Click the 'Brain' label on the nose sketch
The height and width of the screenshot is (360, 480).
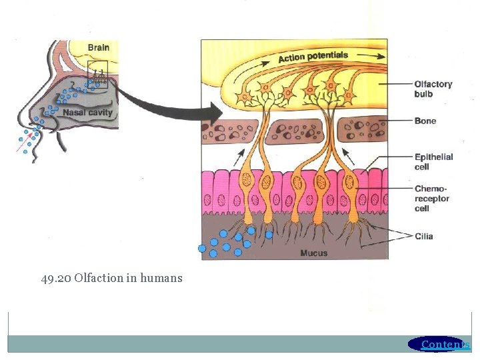[98, 47]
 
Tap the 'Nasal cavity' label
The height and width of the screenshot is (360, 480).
[88, 113]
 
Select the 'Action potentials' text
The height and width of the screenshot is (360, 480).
[313, 57]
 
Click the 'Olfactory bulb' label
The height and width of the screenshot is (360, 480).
[433, 89]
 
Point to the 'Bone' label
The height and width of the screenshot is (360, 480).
[425, 121]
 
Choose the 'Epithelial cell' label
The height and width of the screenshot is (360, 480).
[433, 162]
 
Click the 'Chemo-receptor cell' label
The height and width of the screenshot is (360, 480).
[432, 199]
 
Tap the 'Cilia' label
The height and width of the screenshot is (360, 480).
[423, 236]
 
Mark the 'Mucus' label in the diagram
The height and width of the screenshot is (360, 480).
[313, 253]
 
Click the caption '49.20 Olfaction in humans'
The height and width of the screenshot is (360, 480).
[111, 278]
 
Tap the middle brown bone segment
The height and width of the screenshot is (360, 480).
[295, 131]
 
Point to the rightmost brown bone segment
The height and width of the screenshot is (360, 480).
[363, 131]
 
